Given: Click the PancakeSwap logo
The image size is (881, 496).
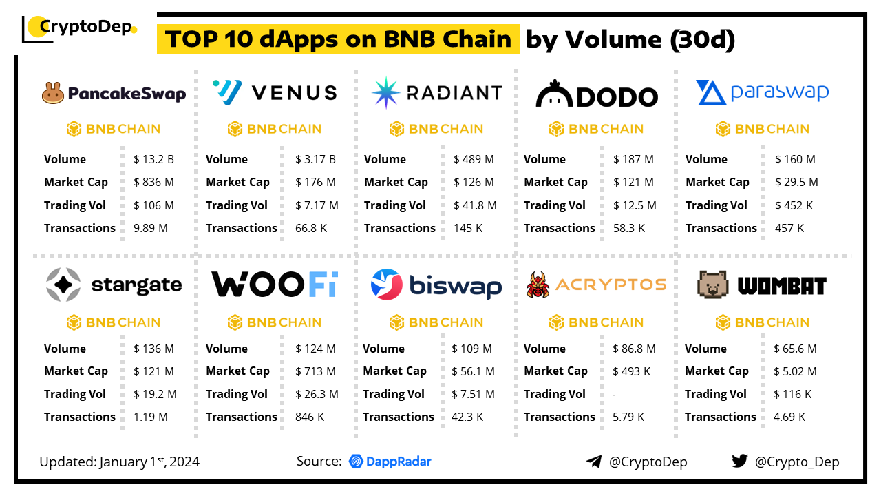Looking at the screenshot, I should tap(114, 93).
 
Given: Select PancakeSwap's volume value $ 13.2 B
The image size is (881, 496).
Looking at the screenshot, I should tap(153, 159).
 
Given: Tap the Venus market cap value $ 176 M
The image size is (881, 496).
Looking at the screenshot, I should tap(315, 182).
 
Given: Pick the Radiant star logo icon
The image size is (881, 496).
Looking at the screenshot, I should tap(385, 93).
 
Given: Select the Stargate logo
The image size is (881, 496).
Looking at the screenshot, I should tap(114, 285).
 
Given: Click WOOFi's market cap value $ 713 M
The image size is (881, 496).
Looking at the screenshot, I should tap(315, 371).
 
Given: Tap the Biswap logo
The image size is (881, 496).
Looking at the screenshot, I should tap(436, 285).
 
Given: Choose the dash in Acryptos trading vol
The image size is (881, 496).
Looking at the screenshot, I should tap(615, 394).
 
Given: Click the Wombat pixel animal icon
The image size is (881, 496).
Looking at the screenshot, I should tap(714, 285).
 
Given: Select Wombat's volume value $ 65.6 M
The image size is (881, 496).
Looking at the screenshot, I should tap(796, 349).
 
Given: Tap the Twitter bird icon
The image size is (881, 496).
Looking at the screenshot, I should tap(740, 461).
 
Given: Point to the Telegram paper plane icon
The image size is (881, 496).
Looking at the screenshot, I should tap(594, 462).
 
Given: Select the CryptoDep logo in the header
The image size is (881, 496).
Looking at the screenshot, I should tap(80, 28).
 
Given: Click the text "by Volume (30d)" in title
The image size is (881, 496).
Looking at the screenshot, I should tap(630, 40).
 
